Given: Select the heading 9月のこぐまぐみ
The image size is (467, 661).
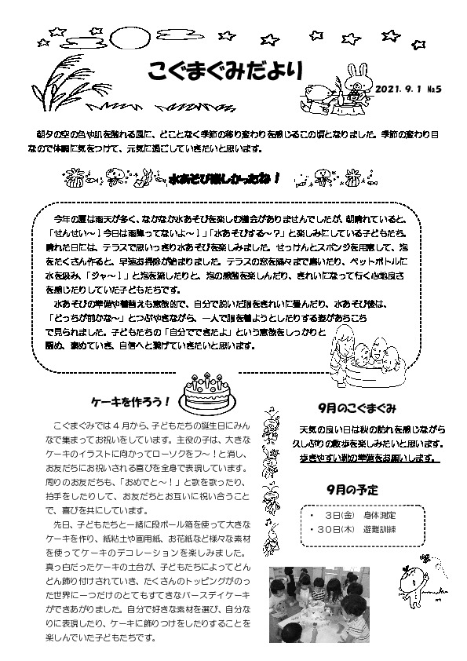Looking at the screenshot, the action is pyautogui.click(x=357, y=408).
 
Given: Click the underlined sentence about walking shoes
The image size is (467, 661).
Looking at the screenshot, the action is pyautogui.click(x=366, y=457).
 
